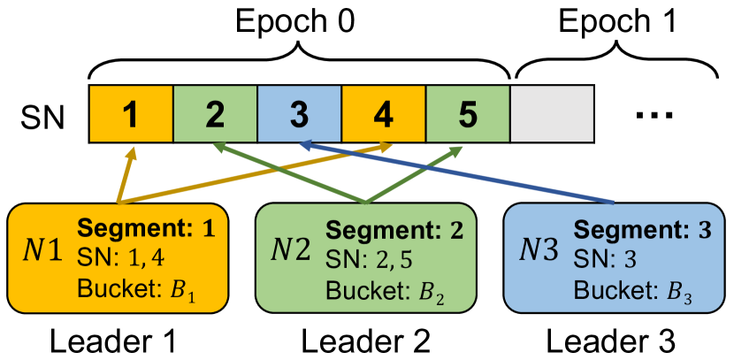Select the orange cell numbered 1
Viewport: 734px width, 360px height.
[x=131, y=114]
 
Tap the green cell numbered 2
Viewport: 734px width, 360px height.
[x=215, y=114]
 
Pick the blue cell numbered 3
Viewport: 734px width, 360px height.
[x=299, y=114]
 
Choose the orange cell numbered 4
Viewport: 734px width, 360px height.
[x=383, y=114]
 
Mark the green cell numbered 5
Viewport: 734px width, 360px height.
[x=467, y=114]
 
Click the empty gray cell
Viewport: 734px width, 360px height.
[x=551, y=114]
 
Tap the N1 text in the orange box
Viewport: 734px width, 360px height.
[x=42, y=254]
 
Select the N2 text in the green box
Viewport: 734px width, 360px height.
[x=291, y=254]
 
